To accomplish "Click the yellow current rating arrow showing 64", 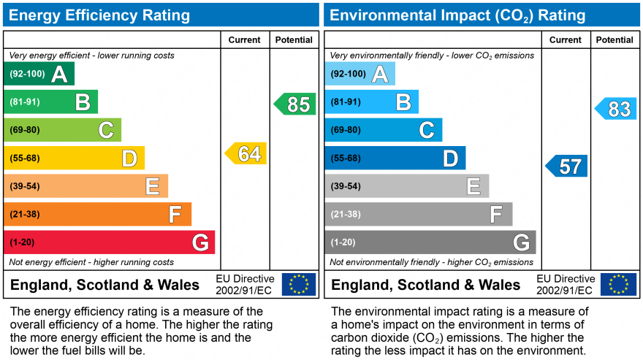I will point(246,153).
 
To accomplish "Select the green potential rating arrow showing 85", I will point(295,104).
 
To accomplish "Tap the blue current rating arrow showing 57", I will point(567,166).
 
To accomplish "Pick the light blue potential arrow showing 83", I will point(616,109).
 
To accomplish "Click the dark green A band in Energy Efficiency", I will point(39,74).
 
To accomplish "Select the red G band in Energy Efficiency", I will point(110,242).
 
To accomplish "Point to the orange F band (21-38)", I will point(97,214).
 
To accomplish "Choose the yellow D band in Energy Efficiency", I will point(74,158).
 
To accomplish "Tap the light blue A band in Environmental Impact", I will point(359,74).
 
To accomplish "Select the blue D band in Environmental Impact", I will point(395,158).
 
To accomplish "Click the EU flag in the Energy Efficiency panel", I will point(299,284).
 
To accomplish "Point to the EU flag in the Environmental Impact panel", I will point(618,284).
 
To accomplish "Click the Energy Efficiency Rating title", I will point(99,15).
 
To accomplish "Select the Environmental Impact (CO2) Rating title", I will point(457,15).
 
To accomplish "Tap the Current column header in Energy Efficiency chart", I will point(245,40).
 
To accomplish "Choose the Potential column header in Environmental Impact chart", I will point(615,40).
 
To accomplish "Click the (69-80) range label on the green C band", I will point(25,130).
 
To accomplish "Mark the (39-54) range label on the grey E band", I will point(346,186).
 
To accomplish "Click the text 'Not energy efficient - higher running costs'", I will point(91,262).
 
